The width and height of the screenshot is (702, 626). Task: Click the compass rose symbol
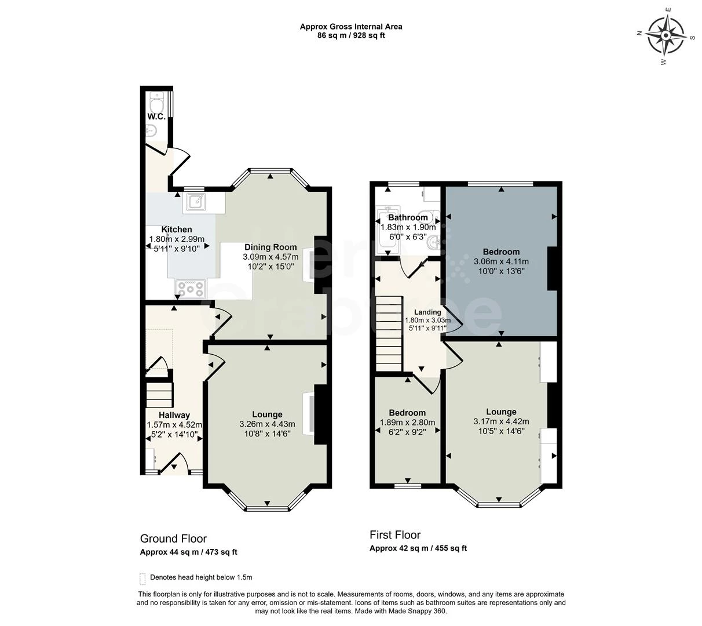666,36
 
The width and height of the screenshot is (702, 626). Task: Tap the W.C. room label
156,117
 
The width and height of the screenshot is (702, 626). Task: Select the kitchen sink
196,202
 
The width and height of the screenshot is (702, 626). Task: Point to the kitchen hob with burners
190,289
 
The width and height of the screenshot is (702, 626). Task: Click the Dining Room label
270,247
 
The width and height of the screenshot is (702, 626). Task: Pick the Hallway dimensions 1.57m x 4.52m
174,425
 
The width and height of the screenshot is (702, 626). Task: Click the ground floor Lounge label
267,414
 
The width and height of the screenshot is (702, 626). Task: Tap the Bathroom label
408,217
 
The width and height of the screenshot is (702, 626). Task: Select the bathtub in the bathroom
389,230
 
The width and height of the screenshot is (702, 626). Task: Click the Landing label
427,312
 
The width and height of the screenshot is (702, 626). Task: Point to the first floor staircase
389,334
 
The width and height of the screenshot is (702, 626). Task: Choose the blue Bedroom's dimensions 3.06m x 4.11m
501,261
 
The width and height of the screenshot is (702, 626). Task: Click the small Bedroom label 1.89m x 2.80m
407,413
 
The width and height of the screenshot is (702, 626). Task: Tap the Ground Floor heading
173,538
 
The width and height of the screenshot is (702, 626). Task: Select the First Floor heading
395,534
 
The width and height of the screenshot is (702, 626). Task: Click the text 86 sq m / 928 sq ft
351,35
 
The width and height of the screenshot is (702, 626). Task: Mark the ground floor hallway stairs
159,395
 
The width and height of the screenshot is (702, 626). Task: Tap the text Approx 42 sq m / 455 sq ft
418,548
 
